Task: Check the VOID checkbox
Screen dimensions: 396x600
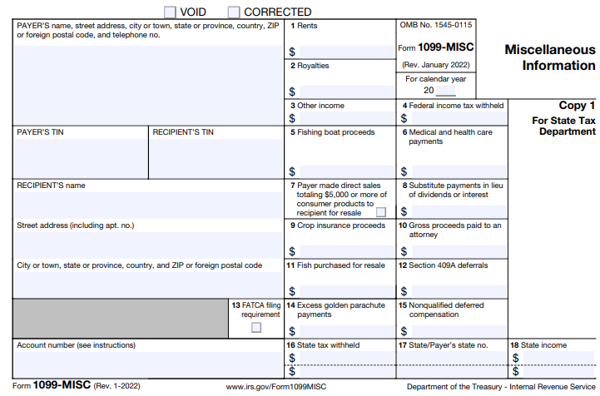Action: [170, 12]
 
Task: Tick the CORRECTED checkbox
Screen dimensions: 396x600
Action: [234, 12]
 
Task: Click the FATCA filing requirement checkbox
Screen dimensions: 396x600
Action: [256, 327]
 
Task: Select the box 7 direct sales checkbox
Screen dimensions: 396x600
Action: [381, 212]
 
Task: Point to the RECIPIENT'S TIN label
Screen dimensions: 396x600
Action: [183, 132]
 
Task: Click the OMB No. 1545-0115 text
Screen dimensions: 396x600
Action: [436, 26]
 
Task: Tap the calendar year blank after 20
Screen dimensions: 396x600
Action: [445, 91]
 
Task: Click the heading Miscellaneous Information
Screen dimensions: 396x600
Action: [550, 57]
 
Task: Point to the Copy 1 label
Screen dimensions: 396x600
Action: [578, 106]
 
